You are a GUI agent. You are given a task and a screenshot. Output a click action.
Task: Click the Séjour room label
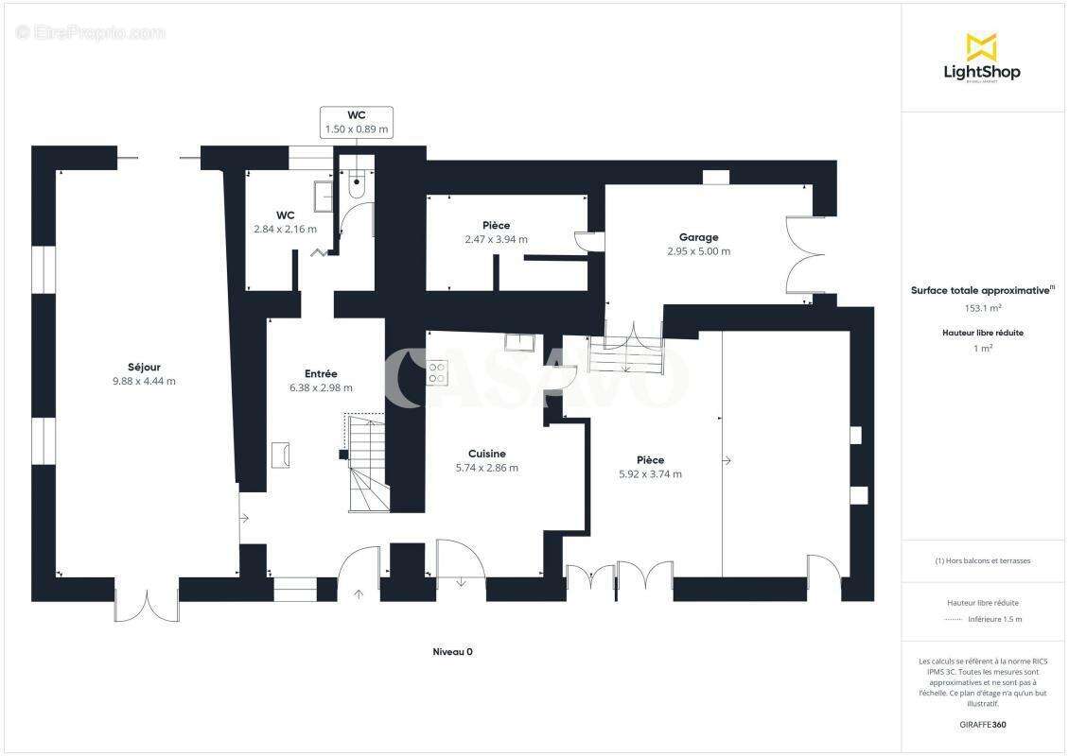point(144,367)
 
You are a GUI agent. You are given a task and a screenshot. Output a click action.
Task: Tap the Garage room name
point(698,237)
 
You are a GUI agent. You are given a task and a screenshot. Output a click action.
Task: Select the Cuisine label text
point(486,454)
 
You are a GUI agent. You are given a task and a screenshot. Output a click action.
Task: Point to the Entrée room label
point(321,373)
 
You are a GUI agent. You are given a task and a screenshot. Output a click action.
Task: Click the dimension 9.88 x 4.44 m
point(144,382)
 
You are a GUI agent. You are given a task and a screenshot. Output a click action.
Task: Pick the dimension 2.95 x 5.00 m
point(698,251)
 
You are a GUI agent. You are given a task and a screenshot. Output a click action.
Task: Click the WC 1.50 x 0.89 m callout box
point(357,122)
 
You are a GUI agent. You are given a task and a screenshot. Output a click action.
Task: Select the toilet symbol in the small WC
point(357,185)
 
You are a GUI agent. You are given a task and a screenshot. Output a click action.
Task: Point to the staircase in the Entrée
point(367,463)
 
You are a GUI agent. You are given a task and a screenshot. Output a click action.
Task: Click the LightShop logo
point(982,58)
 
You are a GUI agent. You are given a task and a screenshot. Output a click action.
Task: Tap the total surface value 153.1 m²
point(982,307)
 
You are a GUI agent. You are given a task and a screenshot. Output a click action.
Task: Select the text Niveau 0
point(452,652)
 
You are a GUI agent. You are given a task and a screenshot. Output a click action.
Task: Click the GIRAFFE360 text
point(982,724)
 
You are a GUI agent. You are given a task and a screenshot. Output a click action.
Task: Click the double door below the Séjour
point(147,605)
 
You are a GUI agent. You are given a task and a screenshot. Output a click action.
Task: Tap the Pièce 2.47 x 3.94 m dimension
point(496,239)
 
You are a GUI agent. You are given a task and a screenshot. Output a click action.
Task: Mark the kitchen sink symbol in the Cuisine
point(519,343)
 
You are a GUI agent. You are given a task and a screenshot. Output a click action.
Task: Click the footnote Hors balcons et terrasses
point(983,560)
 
